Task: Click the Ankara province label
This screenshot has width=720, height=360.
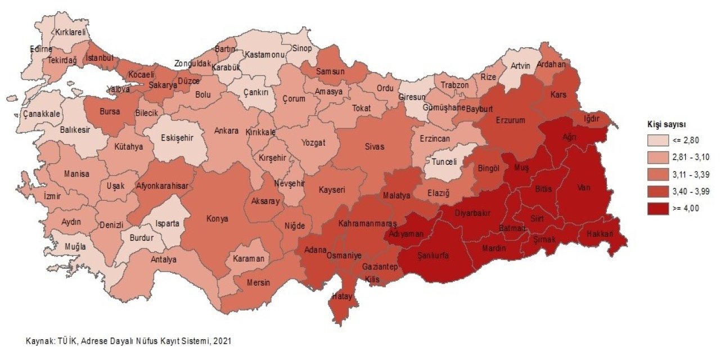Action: pos(227,130)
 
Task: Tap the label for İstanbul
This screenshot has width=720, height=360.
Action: pos(100,58)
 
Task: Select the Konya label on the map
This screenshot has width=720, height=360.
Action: pos(217,219)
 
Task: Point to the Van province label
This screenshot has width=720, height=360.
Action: pos(583,187)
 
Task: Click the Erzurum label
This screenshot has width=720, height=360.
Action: pos(510,120)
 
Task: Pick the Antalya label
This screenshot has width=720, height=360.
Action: pos(164,259)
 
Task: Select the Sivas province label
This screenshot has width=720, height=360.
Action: pos(374,147)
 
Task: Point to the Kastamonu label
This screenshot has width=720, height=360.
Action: pos(263,55)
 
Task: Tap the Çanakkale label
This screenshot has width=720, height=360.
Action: pos(41,114)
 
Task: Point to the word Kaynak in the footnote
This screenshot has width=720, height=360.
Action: pos(39,341)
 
